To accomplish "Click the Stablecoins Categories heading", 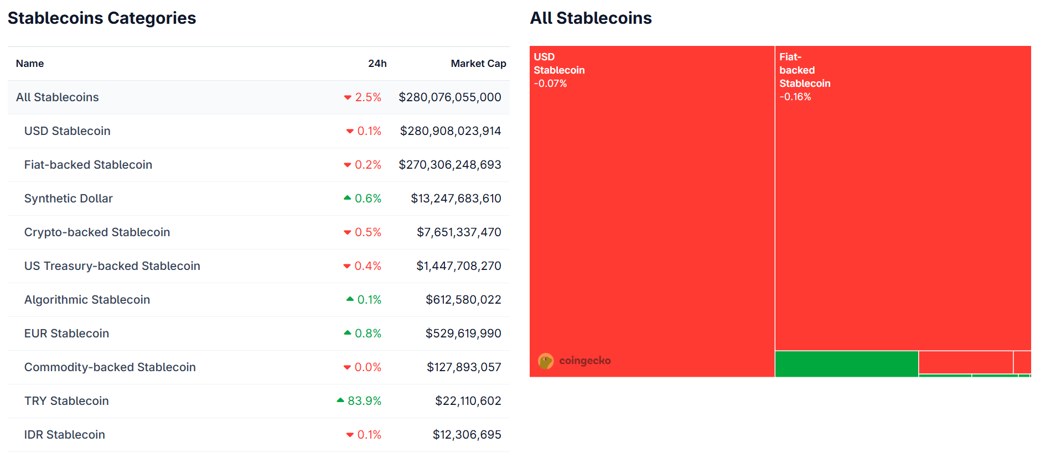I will [x=102, y=18].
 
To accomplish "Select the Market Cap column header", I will [x=478, y=64].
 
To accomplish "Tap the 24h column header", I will [x=377, y=64].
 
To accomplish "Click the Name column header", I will [x=30, y=64].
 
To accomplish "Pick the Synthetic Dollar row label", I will [x=69, y=199].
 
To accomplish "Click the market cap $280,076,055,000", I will [x=449, y=97].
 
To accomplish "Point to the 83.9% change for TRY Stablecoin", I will [x=364, y=401].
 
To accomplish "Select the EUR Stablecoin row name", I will [x=66, y=334].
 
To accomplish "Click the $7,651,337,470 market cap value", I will [x=459, y=232].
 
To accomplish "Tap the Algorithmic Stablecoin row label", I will [x=87, y=300].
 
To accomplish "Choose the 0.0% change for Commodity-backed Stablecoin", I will [x=368, y=367].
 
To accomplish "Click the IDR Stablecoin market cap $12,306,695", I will [x=467, y=435].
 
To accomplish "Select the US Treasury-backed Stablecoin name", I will [x=112, y=266].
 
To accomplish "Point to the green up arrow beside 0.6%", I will [x=348, y=198].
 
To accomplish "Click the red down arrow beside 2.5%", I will [x=348, y=97].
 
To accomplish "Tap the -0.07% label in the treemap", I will [x=550, y=84].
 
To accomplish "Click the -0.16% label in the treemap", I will [x=795, y=97].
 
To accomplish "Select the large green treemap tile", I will [x=846, y=363].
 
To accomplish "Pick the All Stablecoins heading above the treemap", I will [x=591, y=18].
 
